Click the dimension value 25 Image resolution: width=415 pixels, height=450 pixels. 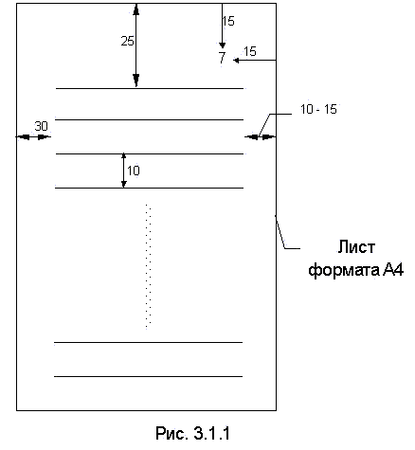point(128,41)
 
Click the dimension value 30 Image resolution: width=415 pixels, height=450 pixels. point(41,126)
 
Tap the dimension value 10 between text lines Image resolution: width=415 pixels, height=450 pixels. point(134,171)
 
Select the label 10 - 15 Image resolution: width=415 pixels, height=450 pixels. point(318,109)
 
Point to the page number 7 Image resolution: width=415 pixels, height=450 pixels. point(223,58)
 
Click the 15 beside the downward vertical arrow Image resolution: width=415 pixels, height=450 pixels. point(228,21)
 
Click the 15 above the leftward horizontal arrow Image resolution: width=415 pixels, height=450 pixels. point(250,51)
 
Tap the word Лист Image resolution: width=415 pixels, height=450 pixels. point(356,246)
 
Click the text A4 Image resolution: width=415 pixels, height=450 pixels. point(393,270)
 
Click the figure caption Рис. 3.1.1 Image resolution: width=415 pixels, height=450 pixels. point(192,433)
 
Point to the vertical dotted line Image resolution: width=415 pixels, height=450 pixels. point(148,267)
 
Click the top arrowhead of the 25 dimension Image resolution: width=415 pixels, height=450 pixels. point(135,9)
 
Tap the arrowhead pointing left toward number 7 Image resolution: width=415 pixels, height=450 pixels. point(236,60)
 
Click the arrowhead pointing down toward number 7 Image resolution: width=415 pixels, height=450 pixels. point(223,45)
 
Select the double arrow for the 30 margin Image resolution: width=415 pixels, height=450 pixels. point(33,136)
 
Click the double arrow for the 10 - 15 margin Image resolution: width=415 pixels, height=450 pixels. point(261,136)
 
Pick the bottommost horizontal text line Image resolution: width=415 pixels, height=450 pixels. point(148,376)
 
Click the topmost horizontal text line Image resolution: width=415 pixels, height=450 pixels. point(150,88)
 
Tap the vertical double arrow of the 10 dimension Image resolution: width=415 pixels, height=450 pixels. point(124,171)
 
